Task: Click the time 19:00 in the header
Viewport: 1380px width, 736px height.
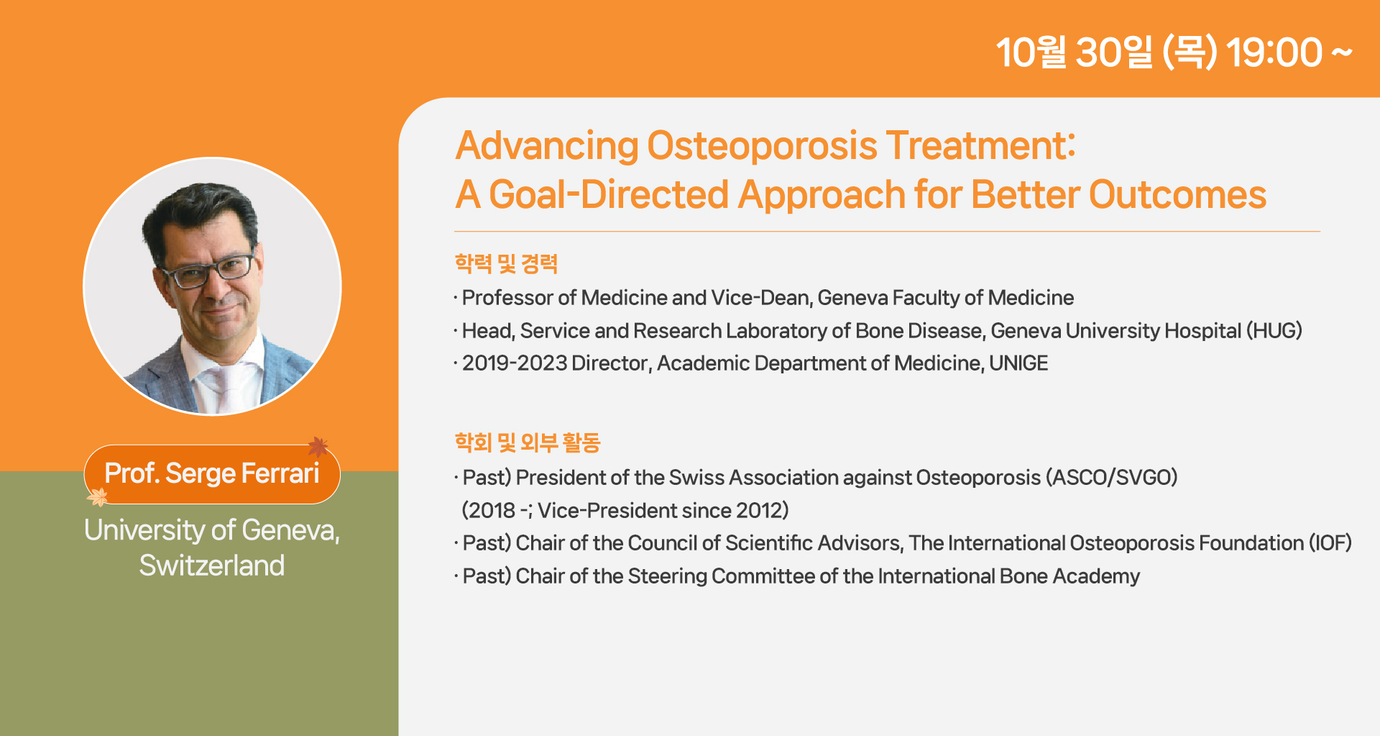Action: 1274,53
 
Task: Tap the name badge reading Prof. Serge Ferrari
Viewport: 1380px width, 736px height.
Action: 212,474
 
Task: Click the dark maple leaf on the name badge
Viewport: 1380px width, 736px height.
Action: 318,447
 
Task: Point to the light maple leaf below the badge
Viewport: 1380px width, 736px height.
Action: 97,496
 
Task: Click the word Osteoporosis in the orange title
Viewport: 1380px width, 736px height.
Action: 762,145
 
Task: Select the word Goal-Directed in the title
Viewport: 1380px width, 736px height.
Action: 609,194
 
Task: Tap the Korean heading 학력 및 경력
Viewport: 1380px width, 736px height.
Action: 506,263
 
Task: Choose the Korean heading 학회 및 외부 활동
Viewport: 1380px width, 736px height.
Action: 527,442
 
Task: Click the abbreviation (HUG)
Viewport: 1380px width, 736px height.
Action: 1274,330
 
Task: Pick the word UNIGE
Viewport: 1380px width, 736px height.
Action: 1018,363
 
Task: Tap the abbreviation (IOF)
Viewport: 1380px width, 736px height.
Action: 1330,542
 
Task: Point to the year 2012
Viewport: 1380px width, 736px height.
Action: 758,510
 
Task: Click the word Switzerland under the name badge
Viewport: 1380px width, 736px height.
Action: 212,565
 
